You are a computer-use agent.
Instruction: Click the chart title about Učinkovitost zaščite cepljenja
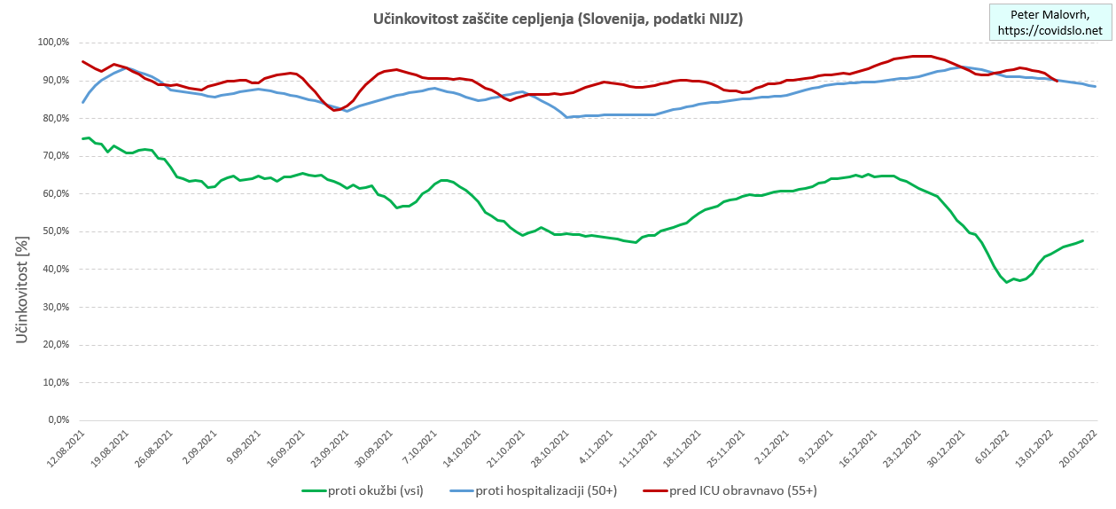coord(557,19)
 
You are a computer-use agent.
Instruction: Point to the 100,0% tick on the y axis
coord(53,43)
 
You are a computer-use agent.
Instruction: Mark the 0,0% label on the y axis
coord(58,420)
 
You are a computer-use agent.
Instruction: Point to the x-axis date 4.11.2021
coord(591,449)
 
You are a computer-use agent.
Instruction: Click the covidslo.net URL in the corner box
coord(1050,30)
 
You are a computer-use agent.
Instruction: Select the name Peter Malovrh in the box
coord(1050,15)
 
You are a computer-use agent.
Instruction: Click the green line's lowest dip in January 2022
coord(1007,282)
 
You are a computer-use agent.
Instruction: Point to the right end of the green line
coord(1082,240)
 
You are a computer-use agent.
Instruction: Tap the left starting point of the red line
coord(82,61)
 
